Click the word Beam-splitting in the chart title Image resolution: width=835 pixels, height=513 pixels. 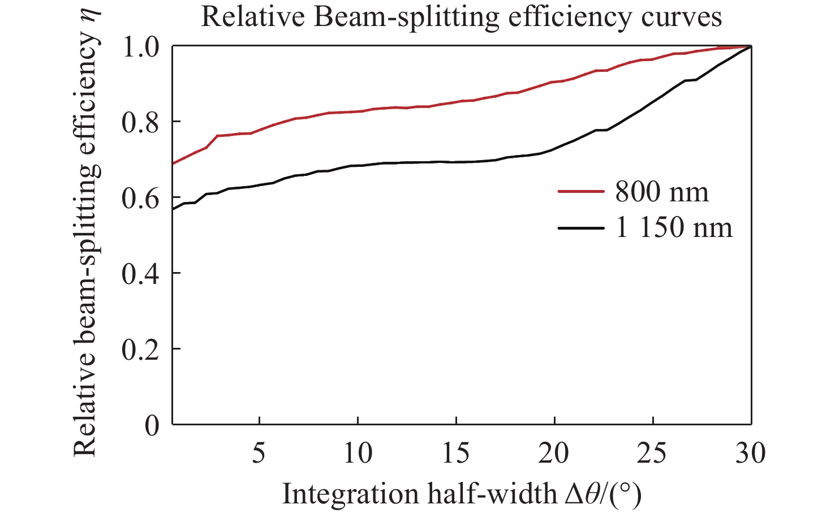pos(407,18)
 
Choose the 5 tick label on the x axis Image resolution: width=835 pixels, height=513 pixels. pos(259,453)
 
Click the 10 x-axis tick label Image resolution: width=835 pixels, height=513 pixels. pos(358,453)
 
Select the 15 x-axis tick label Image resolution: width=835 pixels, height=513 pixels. pos(456,453)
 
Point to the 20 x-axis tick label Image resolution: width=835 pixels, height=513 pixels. pos(554,453)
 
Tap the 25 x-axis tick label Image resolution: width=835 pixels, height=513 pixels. pos(653,453)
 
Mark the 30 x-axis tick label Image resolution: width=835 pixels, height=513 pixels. pos(751,453)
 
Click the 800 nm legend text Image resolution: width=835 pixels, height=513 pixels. pos(662,192)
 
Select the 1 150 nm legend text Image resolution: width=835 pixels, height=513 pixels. pos(674,228)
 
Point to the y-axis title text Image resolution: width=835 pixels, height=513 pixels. pos(85,243)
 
